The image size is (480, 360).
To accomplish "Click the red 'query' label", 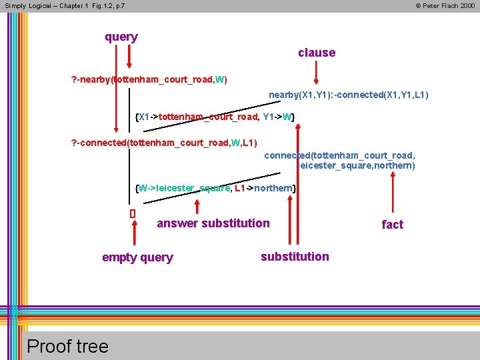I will [121, 37].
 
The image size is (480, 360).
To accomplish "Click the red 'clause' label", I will [317, 53].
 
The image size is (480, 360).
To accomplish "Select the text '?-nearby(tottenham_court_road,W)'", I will [149, 80].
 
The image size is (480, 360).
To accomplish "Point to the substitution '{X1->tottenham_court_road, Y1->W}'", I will [215, 117].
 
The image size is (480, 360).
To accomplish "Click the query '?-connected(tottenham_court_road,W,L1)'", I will [164, 142].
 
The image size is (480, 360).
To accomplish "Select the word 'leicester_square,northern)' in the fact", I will [357, 165].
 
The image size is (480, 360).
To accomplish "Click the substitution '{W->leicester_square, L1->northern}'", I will [215, 188].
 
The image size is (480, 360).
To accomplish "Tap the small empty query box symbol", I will [132, 214].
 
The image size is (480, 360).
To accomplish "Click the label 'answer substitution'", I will [213, 223].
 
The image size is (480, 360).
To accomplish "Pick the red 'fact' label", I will [392, 225].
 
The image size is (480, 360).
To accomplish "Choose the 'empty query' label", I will [137, 257].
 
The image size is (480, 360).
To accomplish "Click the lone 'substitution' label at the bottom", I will [295, 257].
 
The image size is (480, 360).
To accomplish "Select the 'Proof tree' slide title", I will [67, 346].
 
